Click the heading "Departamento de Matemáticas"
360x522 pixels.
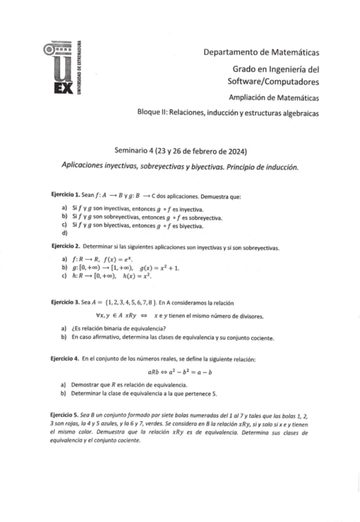(261, 52)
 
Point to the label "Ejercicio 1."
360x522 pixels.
(66, 195)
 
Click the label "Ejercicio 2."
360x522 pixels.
(66, 248)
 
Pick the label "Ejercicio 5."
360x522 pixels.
(66, 414)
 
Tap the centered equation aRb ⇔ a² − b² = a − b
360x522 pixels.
(180, 371)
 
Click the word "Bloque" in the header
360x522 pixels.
(151, 113)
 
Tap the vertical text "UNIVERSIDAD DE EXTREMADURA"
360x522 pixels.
(79, 66)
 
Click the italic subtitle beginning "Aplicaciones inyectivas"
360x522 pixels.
(180, 166)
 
